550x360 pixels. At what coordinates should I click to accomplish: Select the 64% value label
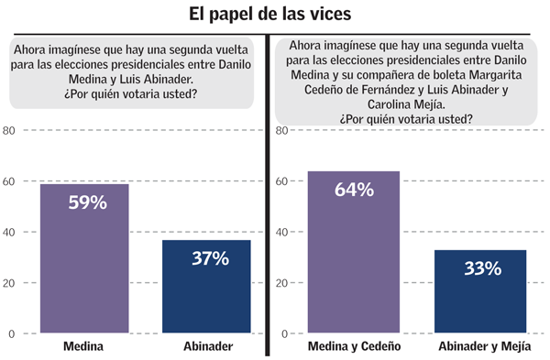(354, 190)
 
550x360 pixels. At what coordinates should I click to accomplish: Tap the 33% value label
(481, 268)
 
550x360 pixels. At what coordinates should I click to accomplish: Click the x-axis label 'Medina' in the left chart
(83, 347)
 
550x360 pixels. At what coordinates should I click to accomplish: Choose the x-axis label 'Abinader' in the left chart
(206, 347)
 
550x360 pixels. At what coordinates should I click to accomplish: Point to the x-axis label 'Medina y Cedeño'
(354, 347)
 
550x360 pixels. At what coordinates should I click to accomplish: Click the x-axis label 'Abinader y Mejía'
(481, 347)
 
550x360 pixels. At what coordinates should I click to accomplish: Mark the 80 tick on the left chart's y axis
(9, 131)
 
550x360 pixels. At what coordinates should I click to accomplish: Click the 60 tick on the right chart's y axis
(282, 181)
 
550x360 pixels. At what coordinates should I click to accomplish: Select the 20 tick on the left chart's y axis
(9, 283)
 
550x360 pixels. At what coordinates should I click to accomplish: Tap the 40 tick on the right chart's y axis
(282, 233)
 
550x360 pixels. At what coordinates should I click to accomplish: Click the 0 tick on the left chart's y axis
(12, 333)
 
